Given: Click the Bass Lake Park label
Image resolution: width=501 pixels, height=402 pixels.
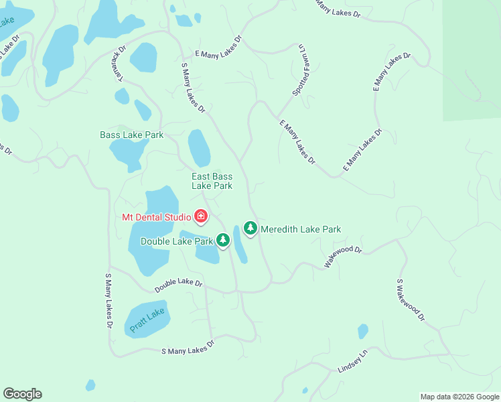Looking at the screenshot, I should pos(132,135).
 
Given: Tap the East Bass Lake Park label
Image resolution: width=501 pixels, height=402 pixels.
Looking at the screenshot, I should pos(212,181).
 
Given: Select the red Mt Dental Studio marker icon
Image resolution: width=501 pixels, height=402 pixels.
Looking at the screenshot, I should pos(200,216).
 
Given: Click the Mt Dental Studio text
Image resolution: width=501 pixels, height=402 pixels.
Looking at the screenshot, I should pos(155,216).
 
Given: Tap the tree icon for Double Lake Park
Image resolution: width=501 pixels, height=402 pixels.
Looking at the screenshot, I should pos(223,241).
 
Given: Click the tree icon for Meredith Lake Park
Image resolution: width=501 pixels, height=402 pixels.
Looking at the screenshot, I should pos(250,228).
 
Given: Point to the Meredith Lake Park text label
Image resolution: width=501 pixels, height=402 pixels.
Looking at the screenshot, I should pos(301,229).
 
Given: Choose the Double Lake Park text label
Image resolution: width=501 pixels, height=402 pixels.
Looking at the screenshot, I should pos(176,241).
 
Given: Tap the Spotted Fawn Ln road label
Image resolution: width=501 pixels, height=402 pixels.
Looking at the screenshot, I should pos(298,70).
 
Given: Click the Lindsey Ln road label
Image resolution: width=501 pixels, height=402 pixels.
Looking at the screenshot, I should pos(353,362).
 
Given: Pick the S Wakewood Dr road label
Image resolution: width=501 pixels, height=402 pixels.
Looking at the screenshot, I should pos(411,301).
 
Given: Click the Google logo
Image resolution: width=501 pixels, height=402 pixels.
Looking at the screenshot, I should pos(22,394).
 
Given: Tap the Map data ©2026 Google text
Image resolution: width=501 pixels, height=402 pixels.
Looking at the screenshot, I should pos(459,397).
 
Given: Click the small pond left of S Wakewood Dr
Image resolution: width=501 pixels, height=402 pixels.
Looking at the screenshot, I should pos(362,331).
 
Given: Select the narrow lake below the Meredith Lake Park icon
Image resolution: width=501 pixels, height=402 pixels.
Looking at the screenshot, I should pos(240,246).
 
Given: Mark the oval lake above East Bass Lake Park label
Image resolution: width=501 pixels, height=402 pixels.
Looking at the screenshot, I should pos(199,147).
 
